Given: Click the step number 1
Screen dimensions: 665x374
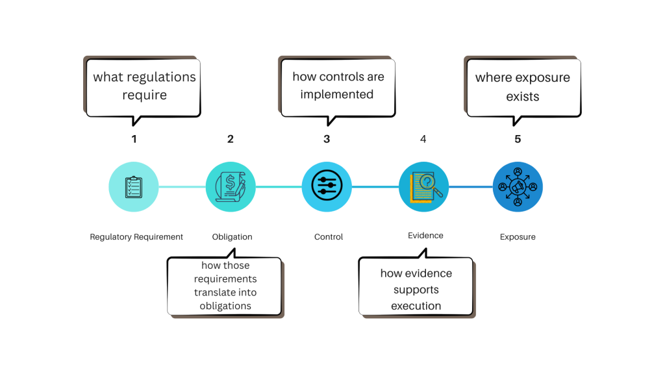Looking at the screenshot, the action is tap(134, 139).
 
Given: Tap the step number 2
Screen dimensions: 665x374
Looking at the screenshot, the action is tap(231, 139).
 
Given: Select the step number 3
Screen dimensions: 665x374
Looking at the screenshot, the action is tap(327, 139).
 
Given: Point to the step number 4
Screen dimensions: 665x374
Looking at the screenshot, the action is tap(423, 139).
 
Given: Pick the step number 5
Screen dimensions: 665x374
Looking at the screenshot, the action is tap(518, 139).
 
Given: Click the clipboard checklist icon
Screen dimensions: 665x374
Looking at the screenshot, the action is tap(134, 186).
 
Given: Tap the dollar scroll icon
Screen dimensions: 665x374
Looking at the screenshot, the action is tap(231, 186).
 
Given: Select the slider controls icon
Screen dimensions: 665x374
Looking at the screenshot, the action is tap(327, 185).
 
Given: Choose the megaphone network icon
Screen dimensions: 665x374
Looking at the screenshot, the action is tap(518, 186).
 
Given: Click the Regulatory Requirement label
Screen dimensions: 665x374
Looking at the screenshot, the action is tap(136, 236).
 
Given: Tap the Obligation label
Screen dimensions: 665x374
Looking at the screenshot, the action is tap(232, 236).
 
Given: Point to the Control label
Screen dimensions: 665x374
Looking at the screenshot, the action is tap(329, 236).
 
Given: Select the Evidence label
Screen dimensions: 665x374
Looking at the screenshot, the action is tap(425, 235).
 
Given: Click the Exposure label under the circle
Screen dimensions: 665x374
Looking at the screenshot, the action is tap(518, 236).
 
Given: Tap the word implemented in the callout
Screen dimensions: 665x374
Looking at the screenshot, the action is tap(337, 95).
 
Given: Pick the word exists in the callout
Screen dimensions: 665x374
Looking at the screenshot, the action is tap(523, 96).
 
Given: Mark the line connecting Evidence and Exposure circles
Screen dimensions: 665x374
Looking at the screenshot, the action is tap(471, 186).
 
